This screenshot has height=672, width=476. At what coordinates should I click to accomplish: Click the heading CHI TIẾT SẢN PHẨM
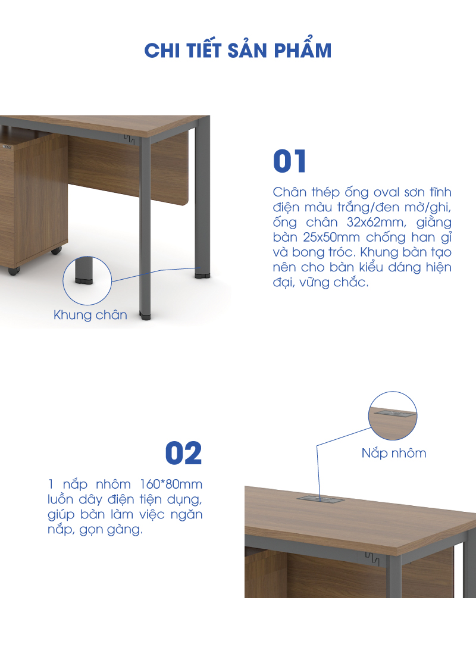pyautogui.click(x=238, y=50)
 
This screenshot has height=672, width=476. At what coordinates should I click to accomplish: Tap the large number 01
pyautogui.click(x=290, y=161)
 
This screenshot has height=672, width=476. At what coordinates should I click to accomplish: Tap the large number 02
pyautogui.click(x=183, y=453)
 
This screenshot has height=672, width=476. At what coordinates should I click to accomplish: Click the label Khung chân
pyautogui.click(x=90, y=315)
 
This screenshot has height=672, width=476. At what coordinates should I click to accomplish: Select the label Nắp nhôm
pyautogui.click(x=394, y=453)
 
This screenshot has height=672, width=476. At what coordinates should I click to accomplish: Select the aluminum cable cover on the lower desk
pyautogui.click(x=321, y=499)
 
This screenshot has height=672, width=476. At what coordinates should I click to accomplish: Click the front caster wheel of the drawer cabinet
pyautogui.click(x=14, y=271)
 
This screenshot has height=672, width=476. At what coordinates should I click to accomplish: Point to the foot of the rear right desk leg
pyautogui.click(x=202, y=274)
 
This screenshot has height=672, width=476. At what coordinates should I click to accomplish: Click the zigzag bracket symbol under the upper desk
pyautogui.click(x=129, y=139)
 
